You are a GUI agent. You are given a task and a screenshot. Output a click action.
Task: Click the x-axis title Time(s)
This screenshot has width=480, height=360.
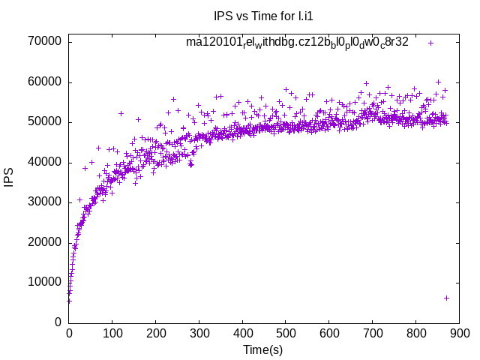[262, 349]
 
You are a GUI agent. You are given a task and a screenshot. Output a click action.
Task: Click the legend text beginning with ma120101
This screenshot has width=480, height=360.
[297, 43]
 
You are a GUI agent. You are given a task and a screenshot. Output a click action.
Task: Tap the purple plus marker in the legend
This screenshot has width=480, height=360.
[430, 43]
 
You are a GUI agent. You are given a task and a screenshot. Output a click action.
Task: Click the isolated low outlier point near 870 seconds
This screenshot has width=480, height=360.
[446, 298]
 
